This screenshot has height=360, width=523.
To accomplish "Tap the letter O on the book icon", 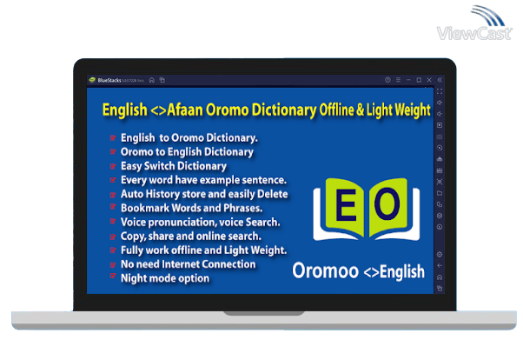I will click(389, 205).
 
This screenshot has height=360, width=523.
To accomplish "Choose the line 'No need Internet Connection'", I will click(188, 263).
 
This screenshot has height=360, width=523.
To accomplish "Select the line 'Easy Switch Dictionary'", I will click(174, 165).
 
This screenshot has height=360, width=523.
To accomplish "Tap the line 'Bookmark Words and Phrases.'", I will click(189, 208).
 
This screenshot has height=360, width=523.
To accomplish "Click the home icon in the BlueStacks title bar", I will click(152, 80).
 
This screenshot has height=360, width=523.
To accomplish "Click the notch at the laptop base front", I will click(261, 312).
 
